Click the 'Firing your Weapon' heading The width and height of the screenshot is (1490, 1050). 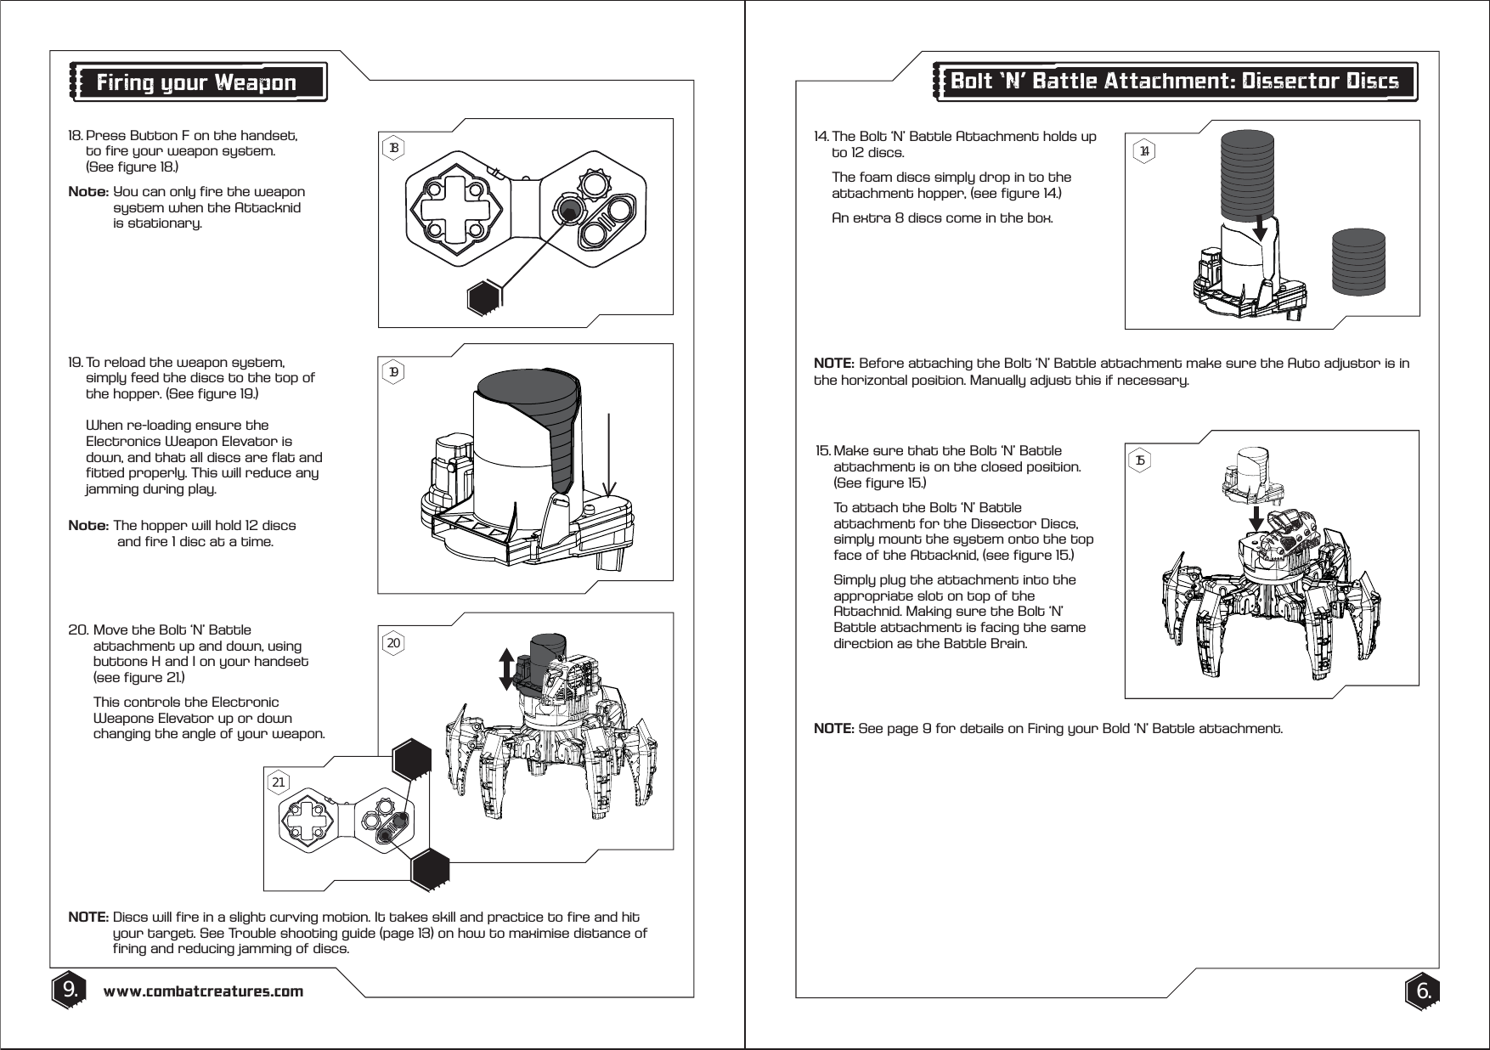point(195,82)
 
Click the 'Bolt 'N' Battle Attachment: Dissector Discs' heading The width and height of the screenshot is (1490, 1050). point(1175,82)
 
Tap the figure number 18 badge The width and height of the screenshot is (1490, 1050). point(393,148)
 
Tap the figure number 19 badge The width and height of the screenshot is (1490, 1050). point(393,372)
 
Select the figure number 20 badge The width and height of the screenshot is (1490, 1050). point(393,643)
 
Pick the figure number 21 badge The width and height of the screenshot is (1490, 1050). point(279,782)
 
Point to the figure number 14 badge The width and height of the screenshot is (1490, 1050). point(1144,151)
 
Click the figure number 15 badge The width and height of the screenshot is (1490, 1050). point(1141,460)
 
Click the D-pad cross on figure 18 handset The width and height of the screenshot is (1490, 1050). point(455,209)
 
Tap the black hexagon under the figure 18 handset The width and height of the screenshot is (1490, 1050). point(486,297)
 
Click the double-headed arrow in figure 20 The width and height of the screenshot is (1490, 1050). point(505,669)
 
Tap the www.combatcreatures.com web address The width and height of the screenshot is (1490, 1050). point(203,991)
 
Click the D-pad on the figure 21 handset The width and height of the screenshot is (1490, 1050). point(309,821)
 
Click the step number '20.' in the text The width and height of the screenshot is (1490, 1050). point(77,630)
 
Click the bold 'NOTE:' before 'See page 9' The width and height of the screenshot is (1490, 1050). point(833,729)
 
